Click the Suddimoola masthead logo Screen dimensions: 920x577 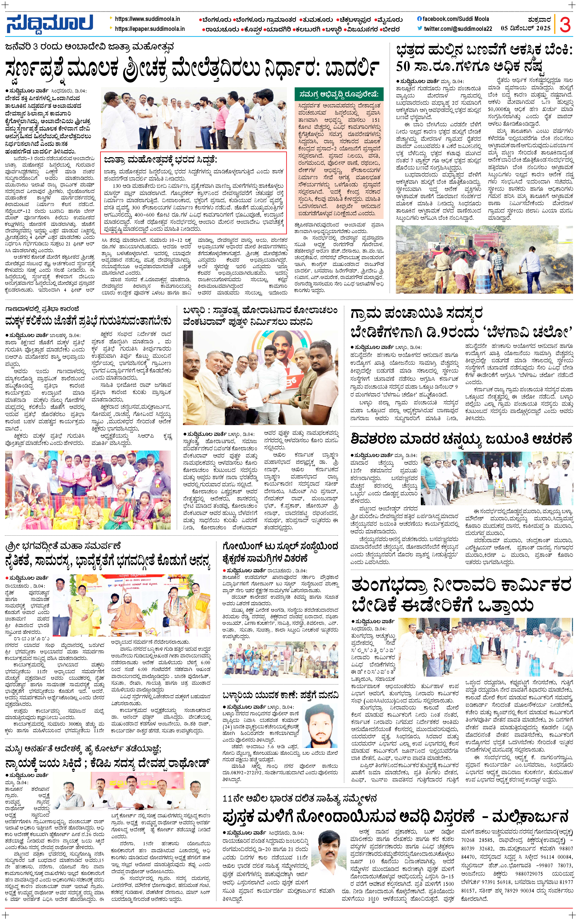50,24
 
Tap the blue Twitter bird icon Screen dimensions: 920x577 420,28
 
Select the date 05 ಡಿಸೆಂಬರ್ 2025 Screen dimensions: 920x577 525,28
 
